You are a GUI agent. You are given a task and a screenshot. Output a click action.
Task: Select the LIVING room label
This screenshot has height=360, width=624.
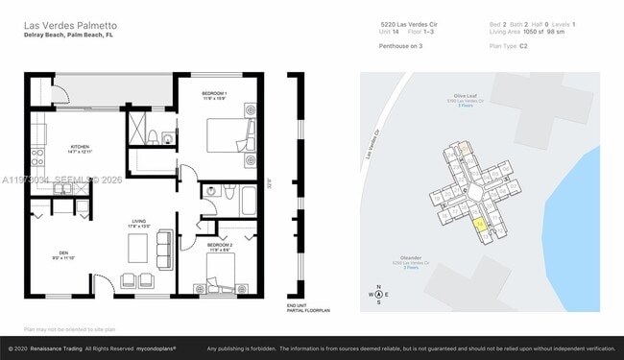point(139,224)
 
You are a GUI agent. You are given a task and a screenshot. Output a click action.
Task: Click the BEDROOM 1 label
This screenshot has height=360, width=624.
point(213,93)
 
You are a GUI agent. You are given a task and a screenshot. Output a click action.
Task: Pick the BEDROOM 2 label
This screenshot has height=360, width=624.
point(219,248)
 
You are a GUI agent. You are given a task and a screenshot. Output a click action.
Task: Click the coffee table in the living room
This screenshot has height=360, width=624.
point(138,249)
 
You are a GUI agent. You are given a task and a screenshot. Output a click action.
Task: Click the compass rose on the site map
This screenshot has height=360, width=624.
point(379,295)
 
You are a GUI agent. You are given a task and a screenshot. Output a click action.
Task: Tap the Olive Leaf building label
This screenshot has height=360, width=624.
point(467,97)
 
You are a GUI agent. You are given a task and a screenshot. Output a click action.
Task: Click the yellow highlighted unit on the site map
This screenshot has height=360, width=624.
point(479,224)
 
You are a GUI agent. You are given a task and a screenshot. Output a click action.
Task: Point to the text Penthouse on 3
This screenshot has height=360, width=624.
point(401,45)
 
